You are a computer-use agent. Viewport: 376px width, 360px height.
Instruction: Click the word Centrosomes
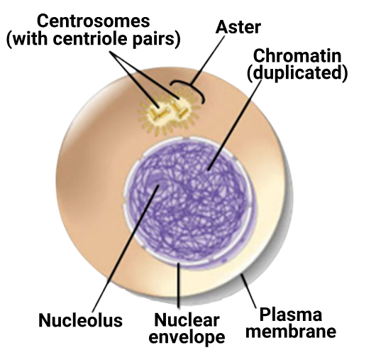coord(93,21)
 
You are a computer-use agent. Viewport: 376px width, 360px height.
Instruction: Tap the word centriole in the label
coord(89,39)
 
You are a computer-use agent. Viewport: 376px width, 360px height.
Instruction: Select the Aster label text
coord(238,27)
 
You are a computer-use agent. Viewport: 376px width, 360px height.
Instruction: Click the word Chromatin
coord(297,56)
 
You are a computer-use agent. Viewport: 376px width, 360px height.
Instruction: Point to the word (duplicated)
coord(297,72)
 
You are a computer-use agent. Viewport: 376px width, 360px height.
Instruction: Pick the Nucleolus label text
coord(81,320)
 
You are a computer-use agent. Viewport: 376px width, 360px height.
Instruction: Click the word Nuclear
coord(187,320)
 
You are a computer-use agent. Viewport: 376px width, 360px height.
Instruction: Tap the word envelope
coord(187,337)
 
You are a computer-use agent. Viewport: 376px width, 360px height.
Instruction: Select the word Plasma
coord(291,315)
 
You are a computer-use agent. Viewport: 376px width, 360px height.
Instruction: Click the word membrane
coord(291,331)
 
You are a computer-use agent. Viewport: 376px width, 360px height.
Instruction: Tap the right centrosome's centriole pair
coord(180,109)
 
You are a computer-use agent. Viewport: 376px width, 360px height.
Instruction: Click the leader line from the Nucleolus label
coord(126,249)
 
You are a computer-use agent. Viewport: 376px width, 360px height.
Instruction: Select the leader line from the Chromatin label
coord(235,125)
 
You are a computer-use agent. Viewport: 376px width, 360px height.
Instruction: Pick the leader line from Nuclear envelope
coord(178,285)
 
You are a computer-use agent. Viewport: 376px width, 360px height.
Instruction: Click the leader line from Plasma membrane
coord(249,291)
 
